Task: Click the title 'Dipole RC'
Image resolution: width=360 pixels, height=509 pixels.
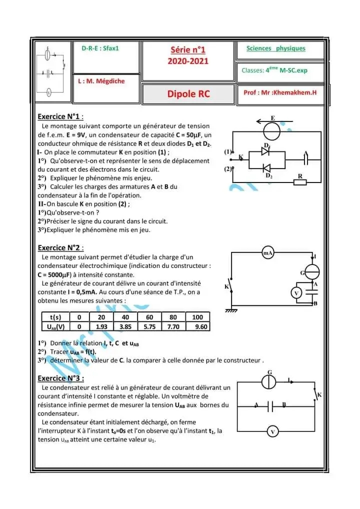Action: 188,94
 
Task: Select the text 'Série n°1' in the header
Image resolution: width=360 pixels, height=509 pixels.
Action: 188,50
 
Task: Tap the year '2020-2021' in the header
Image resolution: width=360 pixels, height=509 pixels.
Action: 188,61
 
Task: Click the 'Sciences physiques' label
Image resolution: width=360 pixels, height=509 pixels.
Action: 275,48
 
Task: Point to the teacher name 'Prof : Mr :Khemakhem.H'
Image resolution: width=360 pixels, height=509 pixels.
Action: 280,92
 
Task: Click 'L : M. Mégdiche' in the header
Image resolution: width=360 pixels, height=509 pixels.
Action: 101,81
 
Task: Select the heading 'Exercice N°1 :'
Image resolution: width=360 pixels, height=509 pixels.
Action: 60,116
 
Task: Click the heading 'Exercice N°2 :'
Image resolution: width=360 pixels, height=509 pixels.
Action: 60,247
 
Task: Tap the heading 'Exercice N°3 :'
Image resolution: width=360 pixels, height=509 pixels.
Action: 60,378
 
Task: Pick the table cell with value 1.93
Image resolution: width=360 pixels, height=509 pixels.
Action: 101,326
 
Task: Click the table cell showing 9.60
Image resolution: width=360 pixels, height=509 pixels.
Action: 197,326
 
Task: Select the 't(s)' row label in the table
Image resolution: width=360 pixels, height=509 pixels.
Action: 55,317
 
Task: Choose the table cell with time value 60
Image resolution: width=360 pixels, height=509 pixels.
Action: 149,317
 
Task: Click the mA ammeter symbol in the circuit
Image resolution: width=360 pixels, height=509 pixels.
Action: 268,253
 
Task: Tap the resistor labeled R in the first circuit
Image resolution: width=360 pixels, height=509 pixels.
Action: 300,182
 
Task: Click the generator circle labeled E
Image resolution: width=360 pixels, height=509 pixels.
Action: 272,131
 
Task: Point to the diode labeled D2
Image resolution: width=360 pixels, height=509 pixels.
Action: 266,167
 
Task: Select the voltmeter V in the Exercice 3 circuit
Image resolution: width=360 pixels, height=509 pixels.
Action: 272,431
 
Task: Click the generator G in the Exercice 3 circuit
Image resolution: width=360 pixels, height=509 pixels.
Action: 269,381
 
